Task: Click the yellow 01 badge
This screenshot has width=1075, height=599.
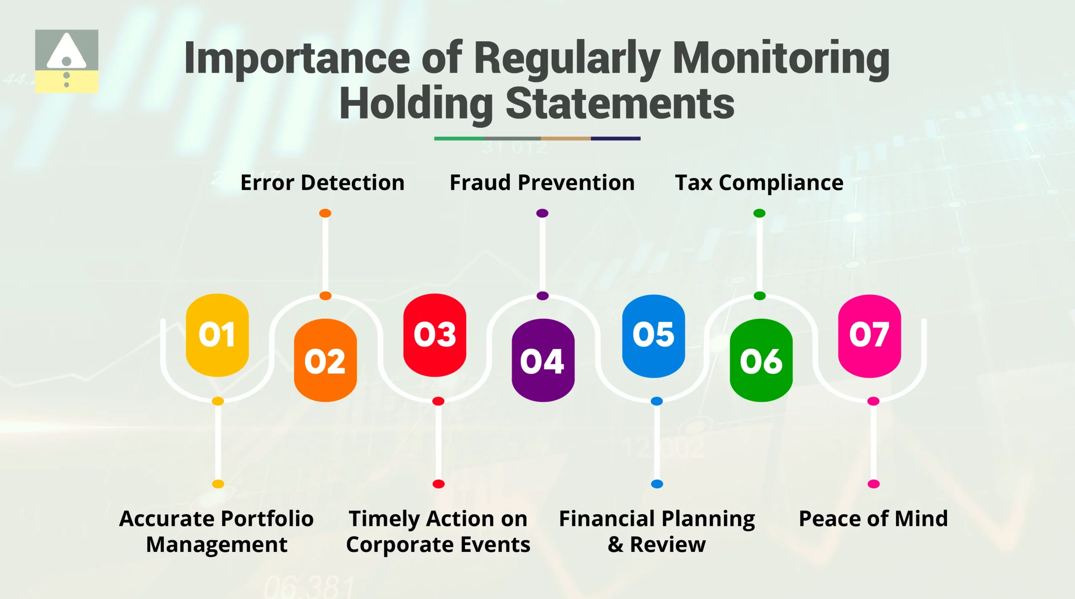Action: click(x=217, y=335)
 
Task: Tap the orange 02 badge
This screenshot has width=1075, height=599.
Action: click(x=325, y=360)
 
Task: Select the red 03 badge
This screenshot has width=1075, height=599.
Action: click(x=435, y=335)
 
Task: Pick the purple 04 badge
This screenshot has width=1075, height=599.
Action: click(x=543, y=360)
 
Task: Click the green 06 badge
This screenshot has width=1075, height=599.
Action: click(x=761, y=360)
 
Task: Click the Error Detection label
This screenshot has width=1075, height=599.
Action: click(x=322, y=183)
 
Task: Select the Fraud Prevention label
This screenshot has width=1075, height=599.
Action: click(x=542, y=183)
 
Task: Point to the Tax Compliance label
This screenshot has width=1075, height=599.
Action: click(x=759, y=183)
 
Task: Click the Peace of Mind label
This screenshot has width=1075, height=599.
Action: click(x=873, y=518)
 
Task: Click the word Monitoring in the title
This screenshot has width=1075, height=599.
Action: click(x=781, y=59)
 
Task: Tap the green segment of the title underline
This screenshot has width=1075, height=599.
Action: click(x=459, y=138)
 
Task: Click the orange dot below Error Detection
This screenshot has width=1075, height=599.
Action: click(x=325, y=213)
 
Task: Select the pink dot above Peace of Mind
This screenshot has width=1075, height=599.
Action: click(x=873, y=484)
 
